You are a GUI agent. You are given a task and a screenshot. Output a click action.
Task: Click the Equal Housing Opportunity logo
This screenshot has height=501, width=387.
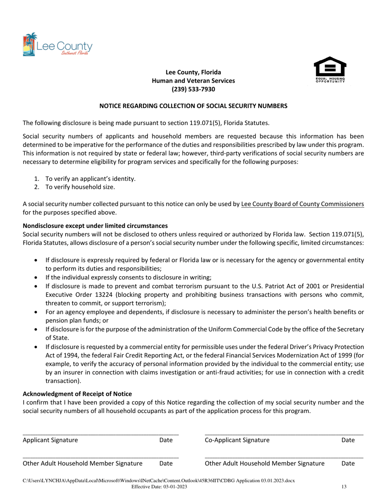330,70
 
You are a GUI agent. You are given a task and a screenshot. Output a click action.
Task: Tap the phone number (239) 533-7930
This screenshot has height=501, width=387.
193,89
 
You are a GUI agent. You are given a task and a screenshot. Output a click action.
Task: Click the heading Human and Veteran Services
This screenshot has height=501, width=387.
193,81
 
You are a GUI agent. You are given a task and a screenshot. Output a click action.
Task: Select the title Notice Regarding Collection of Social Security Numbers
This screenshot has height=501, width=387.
193,106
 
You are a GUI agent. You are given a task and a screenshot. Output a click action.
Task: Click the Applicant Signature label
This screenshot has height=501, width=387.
50,440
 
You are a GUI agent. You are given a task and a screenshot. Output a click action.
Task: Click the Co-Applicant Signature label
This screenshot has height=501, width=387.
237,440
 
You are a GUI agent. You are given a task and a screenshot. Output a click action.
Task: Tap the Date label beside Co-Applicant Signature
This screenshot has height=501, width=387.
348,440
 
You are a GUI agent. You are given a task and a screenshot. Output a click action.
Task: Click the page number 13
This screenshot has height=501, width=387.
343,486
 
